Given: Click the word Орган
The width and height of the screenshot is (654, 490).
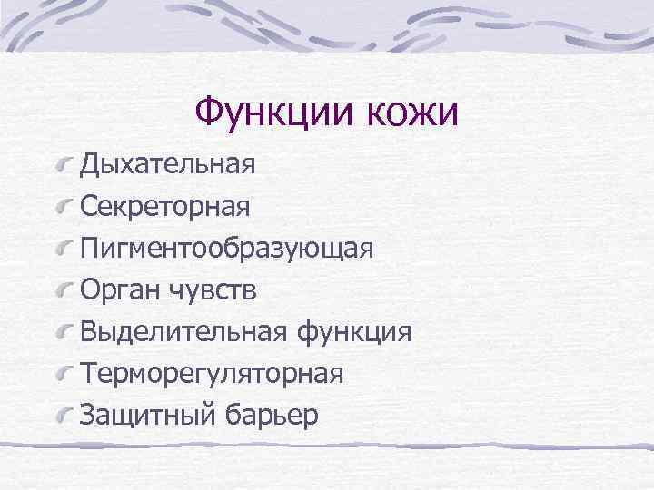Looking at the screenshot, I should click(120, 290).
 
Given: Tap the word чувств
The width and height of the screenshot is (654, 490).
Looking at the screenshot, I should click(213, 290).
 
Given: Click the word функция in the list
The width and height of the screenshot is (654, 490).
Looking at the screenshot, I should click(354, 332).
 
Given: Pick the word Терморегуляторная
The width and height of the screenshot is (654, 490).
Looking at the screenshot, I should click(211, 374).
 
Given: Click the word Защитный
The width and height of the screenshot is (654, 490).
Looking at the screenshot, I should click(147, 415).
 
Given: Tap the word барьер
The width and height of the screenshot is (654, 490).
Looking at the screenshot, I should click(272, 415).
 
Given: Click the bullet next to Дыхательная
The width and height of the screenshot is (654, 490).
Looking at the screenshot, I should click(64, 166).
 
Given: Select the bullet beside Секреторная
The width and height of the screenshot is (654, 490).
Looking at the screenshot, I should click(64, 208).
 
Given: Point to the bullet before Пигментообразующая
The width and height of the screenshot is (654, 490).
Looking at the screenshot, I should click(64, 250).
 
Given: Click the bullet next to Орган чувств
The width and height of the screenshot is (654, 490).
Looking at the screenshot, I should click(64, 290).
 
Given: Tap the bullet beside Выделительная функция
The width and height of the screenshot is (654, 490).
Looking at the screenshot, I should click(64, 332).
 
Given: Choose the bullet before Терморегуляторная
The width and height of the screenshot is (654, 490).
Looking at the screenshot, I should click(64, 374).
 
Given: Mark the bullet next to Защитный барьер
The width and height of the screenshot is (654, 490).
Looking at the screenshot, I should click(64, 415).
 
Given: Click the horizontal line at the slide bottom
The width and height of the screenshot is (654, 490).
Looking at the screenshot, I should click(327, 446).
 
